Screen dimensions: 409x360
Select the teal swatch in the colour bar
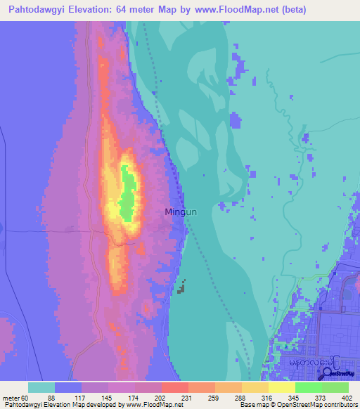point(41,387)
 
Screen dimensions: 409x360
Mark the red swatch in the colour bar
point(174,387)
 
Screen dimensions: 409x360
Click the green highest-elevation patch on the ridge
point(127,190)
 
